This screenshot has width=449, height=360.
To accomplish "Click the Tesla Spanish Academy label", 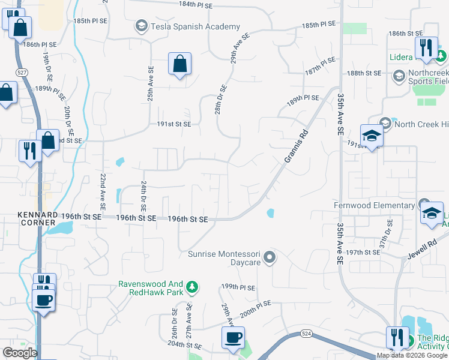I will point(195,26).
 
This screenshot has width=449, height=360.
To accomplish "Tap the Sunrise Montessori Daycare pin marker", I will point(270,258).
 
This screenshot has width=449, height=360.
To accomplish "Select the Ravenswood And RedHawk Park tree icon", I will point(191,287).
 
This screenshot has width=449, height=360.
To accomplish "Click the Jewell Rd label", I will point(424,247).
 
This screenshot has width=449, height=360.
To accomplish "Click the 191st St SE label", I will point(174,124).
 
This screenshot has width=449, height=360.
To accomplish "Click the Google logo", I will point(19,353).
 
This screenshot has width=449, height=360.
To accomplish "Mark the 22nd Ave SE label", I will point(102,191).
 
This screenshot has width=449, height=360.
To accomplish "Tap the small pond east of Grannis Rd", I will point(270,212).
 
